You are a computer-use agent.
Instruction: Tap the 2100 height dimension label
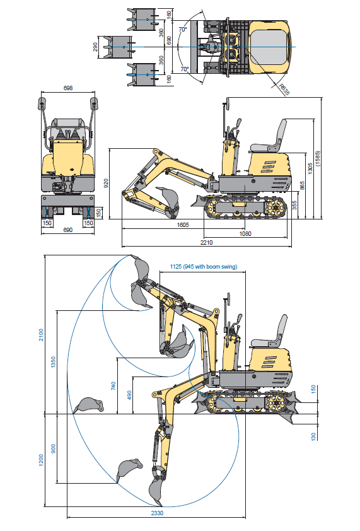pyautogui.click(x=41, y=335)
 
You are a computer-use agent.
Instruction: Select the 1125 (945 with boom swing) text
pyautogui.click(x=203, y=267)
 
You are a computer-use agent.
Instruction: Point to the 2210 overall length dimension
pyautogui.click(x=207, y=242)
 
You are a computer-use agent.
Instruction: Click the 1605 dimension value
pyautogui.click(x=183, y=225)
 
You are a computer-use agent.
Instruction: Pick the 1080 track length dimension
pyautogui.click(x=245, y=233)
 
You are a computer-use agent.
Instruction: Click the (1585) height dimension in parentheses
pyautogui.click(x=317, y=158)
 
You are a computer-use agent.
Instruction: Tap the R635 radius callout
pyautogui.click(x=284, y=90)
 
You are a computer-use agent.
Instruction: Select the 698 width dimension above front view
pyautogui.click(x=68, y=88)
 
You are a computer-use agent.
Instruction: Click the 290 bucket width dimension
pyautogui.click(x=95, y=47)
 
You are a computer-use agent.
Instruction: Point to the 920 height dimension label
pyautogui.click(x=106, y=184)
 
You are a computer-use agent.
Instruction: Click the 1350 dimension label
pyautogui.click(x=53, y=363)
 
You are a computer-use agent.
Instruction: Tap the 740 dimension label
pyautogui.click(x=113, y=386)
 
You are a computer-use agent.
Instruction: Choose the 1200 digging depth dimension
pyautogui.click(x=41, y=460)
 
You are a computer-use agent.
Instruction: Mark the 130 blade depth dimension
pyautogui.click(x=313, y=436)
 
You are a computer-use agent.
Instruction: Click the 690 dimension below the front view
pyautogui.click(x=68, y=230)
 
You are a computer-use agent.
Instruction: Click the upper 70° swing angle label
pyautogui.click(x=183, y=30)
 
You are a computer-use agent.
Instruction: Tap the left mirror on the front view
pyautogui.click(x=42, y=103)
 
